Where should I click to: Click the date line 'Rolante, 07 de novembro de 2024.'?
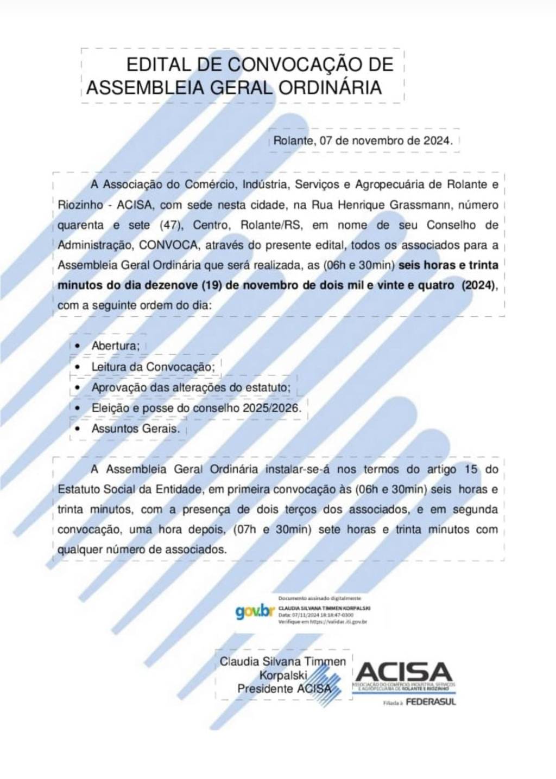click(x=363, y=141)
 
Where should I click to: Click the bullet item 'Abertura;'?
click(x=116, y=346)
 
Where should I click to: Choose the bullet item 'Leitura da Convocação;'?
click(x=153, y=367)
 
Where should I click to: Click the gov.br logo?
click(x=255, y=611)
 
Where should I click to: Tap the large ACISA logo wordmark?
click(x=404, y=672)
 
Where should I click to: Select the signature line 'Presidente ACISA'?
click(x=284, y=689)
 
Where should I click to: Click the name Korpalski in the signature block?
click(x=283, y=675)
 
